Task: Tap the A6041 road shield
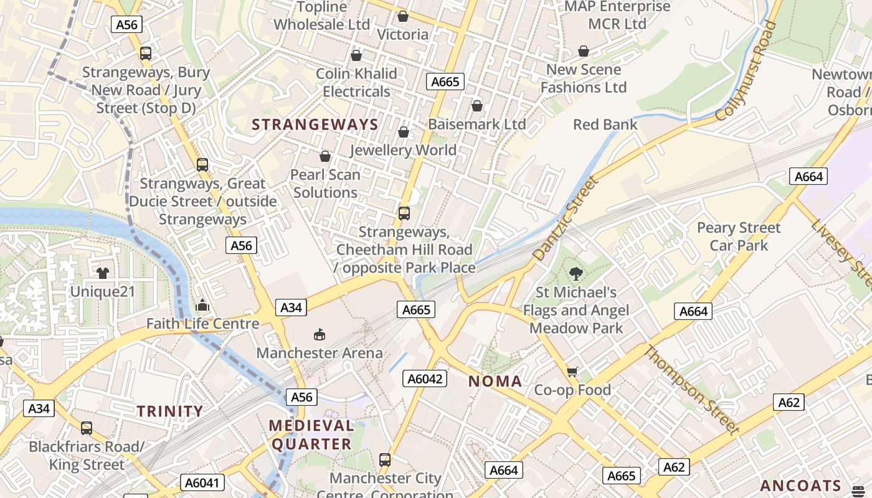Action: click(202, 482)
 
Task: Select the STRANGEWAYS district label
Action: click(315, 125)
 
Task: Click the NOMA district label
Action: click(495, 382)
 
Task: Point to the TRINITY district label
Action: click(170, 411)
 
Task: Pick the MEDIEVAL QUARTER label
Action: click(311, 435)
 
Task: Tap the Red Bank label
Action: click(605, 125)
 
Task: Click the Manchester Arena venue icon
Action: click(320, 335)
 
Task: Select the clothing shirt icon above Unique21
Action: click(103, 273)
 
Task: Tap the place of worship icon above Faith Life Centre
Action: click(202, 305)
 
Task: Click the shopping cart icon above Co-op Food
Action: click(572, 372)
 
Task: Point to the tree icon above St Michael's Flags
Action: click(576, 273)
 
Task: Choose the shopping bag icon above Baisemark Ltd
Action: click(477, 106)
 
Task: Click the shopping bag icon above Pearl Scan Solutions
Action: click(325, 156)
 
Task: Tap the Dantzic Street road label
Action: click(566, 218)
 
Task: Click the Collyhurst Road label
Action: click(747, 71)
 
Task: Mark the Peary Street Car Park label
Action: click(739, 237)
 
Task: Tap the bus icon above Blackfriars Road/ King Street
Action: click(87, 428)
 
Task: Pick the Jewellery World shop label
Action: click(404, 150)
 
